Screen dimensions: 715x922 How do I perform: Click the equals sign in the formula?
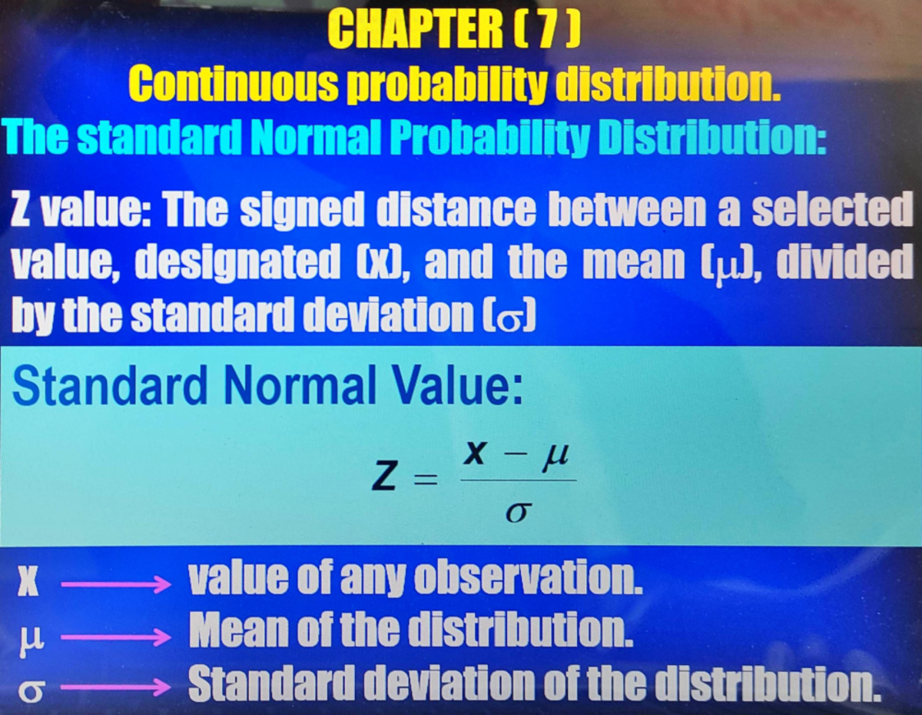pos(425,482)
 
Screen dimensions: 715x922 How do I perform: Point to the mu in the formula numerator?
pos(555,458)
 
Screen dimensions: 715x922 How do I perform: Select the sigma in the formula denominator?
pos(517,510)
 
